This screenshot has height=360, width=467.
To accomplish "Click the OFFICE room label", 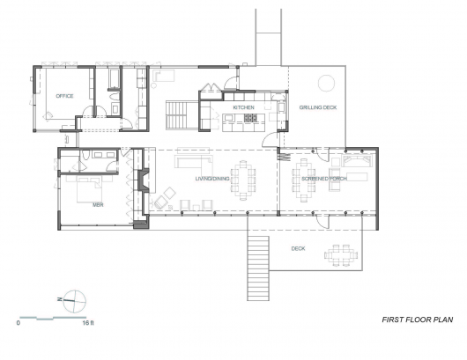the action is tap(64, 96).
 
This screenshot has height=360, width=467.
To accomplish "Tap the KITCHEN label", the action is tap(243, 107).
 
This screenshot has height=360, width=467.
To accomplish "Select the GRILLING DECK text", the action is tap(318, 107).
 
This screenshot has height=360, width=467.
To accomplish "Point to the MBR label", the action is tap(98, 205).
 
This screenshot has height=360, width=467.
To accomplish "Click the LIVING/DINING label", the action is tap(212, 179).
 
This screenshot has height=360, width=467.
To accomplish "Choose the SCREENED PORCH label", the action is tap(324, 179).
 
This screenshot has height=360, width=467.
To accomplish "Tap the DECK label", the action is tap(298, 248).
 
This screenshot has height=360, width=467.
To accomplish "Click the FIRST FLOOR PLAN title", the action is tap(418, 320).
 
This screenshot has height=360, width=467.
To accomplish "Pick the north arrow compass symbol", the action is tap(74, 301).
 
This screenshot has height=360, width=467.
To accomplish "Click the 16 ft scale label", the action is tap(88, 322).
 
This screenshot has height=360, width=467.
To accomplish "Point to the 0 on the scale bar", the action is tap(19, 322).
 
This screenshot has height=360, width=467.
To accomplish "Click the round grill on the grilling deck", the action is tap(326, 83).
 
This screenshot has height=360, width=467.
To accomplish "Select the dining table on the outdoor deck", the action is tap(341, 255).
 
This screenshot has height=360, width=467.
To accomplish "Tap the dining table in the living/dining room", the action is tap(243, 180).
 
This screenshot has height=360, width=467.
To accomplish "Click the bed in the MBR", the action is tap(90, 189).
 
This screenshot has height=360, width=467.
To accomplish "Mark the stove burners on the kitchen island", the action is tap(251, 118).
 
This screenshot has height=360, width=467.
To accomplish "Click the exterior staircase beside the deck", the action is tap(258, 268).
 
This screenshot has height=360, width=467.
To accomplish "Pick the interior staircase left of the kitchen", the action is tap(176, 114).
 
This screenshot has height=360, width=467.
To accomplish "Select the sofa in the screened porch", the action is tap(357, 161).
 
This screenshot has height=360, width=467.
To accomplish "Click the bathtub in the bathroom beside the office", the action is tap(114, 79).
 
